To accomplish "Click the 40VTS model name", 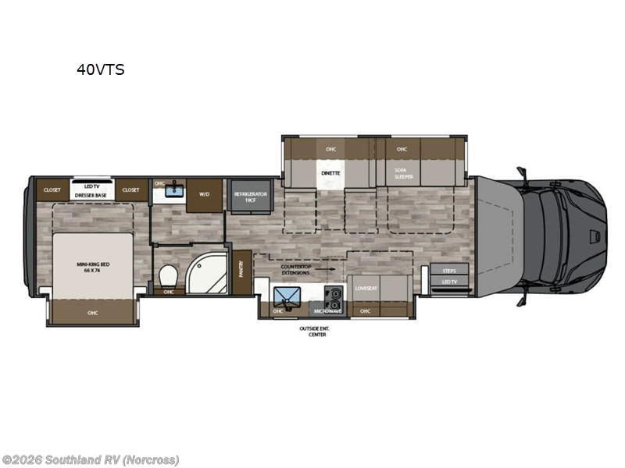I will point(100,69).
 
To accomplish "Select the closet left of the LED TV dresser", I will point(52,190).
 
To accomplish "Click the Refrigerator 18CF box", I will point(248,195).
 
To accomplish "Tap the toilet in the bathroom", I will point(167,277).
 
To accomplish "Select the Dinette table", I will point(329,174).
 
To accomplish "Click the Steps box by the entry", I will point(449,271).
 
